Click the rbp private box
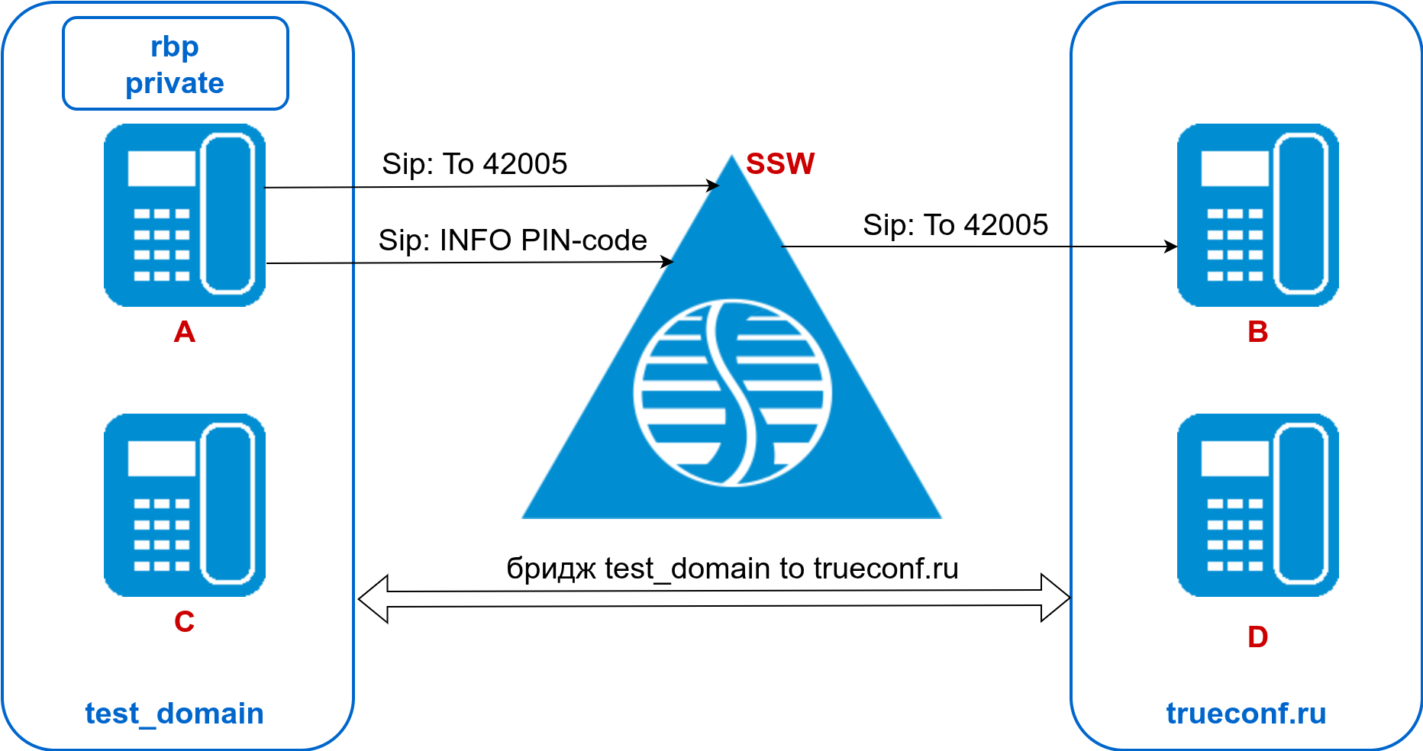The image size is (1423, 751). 175,64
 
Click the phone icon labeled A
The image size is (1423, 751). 185,215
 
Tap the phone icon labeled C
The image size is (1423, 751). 185,505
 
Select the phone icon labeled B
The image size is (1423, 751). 1257,215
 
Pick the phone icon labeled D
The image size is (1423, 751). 1257,505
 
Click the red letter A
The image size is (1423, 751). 184,332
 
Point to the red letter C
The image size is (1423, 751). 184,622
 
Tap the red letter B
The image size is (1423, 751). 1257,332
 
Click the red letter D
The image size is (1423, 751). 1257,637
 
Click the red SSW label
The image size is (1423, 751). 779,164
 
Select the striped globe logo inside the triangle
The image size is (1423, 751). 732,392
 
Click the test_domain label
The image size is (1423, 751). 174,714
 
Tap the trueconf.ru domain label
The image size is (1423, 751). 1246,714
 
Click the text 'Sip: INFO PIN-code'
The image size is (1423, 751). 512,240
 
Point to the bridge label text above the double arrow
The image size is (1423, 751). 732,569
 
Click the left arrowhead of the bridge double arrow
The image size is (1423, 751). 373,599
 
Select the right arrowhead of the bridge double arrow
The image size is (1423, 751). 1056,598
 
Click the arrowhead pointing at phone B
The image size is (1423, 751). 1171,247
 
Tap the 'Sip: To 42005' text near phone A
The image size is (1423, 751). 474,164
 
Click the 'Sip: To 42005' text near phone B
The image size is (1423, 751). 955,225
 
